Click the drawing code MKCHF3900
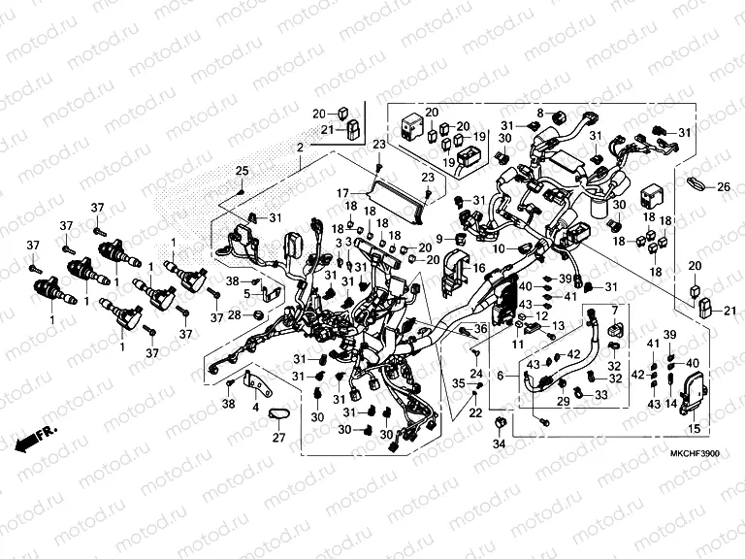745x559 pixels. point(696,453)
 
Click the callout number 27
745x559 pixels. point(278,438)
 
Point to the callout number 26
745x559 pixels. point(723,186)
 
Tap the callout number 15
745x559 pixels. point(694,428)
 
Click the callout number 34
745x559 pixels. point(499,444)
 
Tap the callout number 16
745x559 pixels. point(479,267)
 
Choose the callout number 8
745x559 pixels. point(541,114)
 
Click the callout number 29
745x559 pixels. point(562,401)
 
